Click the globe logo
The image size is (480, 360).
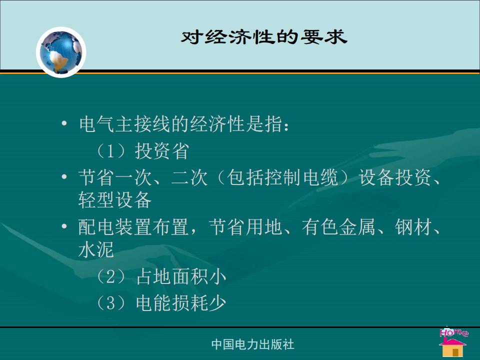point(61,52)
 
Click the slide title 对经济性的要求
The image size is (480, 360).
point(264,36)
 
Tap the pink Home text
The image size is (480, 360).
point(453,332)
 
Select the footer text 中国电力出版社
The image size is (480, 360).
point(253,344)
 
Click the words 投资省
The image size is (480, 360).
point(162,151)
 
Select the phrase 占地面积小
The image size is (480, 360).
point(181,276)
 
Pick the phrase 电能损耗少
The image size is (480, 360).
point(181,302)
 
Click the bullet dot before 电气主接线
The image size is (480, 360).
point(64,123)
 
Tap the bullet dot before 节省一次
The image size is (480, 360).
point(64,176)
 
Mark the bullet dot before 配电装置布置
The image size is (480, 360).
point(64,226)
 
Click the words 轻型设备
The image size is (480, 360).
point(115,200)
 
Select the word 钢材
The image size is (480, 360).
point(412,227)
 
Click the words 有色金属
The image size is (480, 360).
point(338,227)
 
